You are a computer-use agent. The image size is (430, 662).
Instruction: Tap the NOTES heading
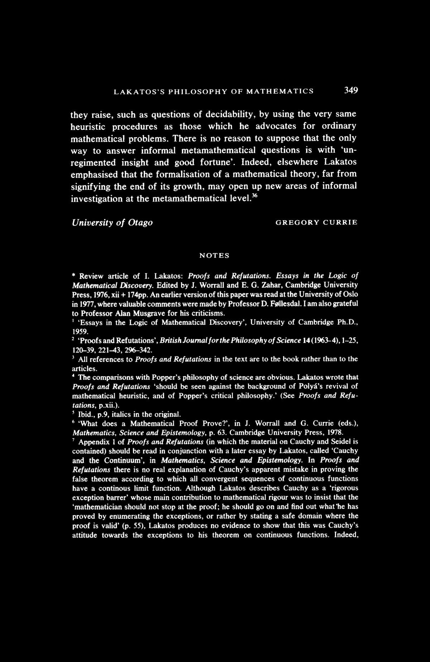pos(214,256)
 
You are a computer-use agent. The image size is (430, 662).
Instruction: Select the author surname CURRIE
pos(340,222)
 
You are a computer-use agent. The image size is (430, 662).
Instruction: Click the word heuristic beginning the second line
pos(89,127)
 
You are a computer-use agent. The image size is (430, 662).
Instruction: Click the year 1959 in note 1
pos(80,331)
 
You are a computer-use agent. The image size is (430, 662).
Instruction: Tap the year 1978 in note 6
pos(335,432)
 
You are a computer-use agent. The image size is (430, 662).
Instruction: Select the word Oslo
pos(351,294)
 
